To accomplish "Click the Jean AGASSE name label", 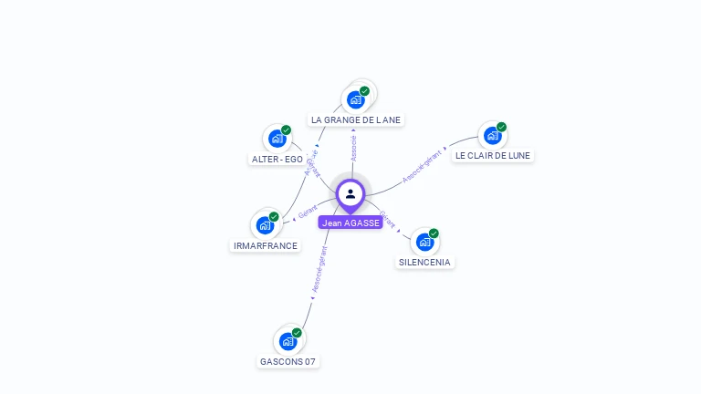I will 350,223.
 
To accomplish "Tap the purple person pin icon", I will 350,194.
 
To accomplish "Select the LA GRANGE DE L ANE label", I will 355,119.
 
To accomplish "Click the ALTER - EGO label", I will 277,159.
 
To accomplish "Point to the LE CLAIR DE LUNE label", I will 493,155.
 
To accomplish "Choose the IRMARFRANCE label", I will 265,245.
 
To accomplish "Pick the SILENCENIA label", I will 424,262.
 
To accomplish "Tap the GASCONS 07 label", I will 288,361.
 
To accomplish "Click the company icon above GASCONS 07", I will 288,342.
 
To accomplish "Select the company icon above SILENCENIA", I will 424,242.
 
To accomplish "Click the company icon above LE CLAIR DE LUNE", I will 493,136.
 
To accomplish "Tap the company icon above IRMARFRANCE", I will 265,225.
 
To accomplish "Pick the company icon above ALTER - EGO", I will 277,139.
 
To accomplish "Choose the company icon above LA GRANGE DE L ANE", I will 355,99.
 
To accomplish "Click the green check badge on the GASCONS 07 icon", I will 297,333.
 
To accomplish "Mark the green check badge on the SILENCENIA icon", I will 434,233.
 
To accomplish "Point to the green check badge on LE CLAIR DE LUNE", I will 501,128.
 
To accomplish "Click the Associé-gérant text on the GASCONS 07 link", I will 318,269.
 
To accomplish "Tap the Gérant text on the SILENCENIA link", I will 387,220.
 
